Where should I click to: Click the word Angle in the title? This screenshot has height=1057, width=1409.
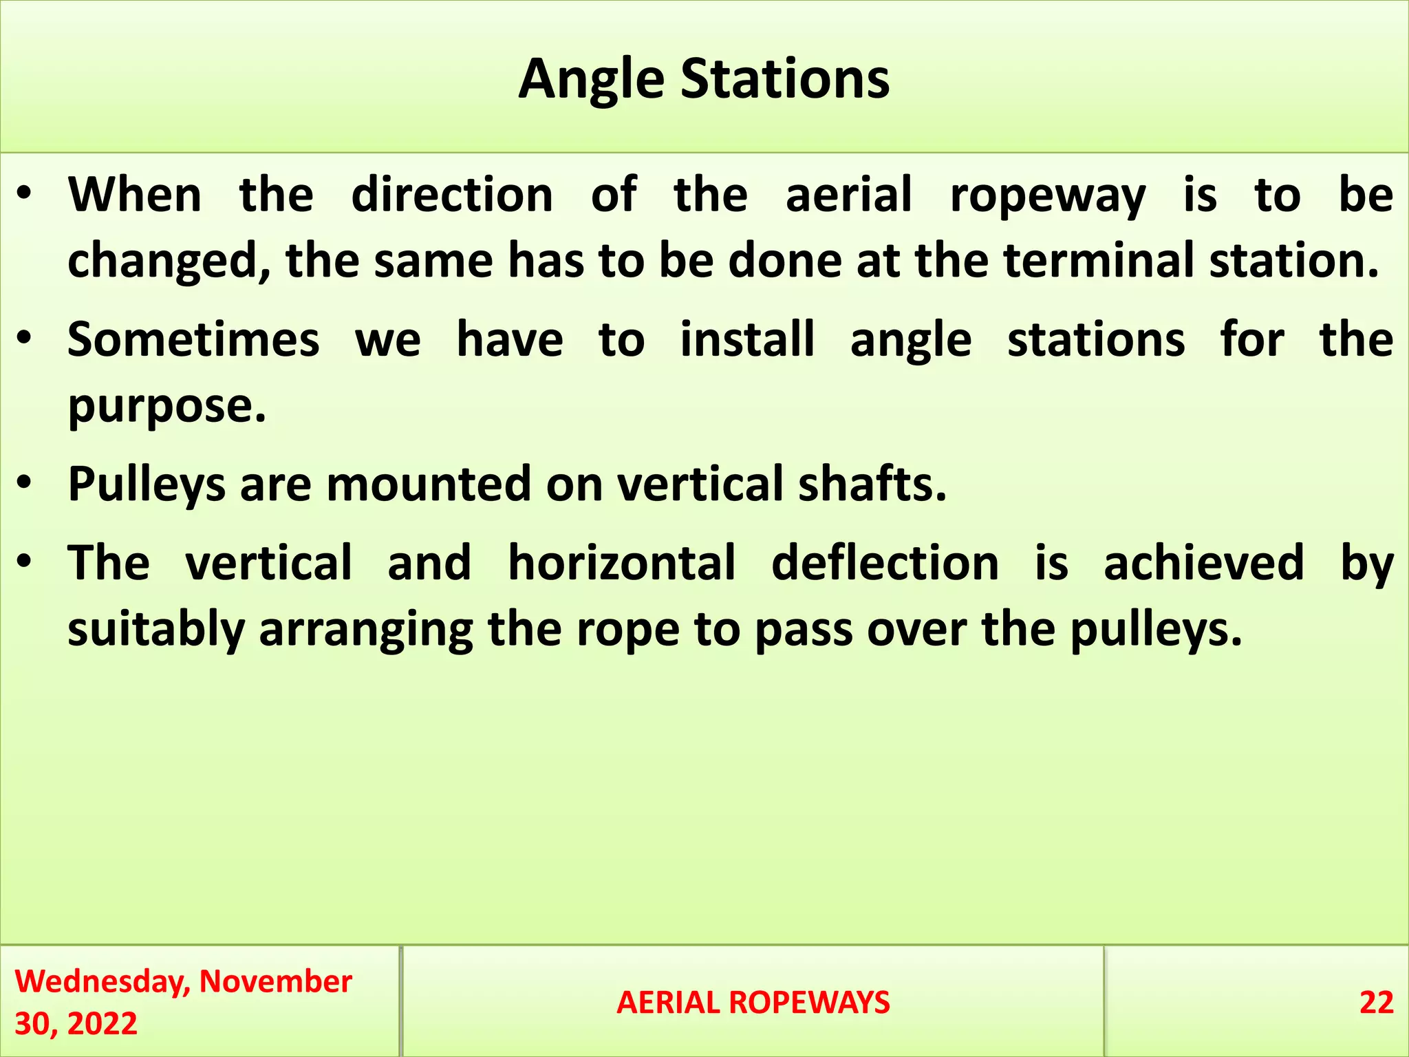[591, 80]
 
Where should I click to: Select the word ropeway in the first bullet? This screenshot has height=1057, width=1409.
[1048, 195]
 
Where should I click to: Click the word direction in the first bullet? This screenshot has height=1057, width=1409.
[452, 195]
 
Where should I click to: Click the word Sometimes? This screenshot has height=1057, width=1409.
[193, 340]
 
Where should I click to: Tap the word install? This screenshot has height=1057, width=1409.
[747, 340]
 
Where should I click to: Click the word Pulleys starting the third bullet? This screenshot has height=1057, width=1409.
[147, 484]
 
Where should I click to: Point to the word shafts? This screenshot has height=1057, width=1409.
[872, 484]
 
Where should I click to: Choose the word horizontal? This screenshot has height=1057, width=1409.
[622, 563]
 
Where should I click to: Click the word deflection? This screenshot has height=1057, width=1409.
[885, 563]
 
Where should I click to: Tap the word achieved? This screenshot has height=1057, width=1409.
[1203, 563]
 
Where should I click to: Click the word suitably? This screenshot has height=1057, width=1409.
[156, 629]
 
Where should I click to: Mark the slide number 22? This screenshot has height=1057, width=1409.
[1376, 1003]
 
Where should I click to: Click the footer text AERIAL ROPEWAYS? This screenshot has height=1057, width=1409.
[753, 1003]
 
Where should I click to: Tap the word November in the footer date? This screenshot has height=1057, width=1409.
[275, 981]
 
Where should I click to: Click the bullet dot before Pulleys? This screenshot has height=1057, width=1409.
[25, 483]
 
